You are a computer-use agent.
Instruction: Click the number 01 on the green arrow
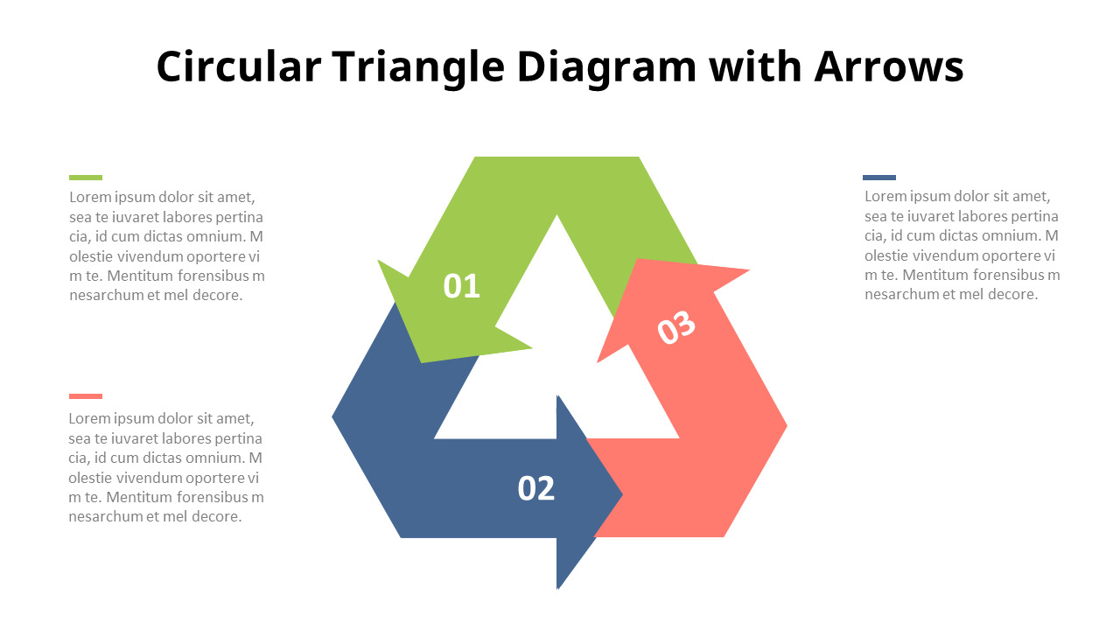pyautogui.click(x=461, y=286)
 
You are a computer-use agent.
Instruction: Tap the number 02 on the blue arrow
pyautogui.click(x=536, y=488)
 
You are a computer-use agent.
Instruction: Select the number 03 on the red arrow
pyautogui.click(x=676, y=327)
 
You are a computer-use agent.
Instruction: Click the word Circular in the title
pyautogui.click(x=239, y=66)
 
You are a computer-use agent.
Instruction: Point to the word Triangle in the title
pyautogui.click(x=418, y=68)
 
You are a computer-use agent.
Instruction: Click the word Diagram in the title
pyautogui.click(x=606, y=68)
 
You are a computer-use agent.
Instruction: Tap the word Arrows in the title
pyautogui.click(x=888, y=66)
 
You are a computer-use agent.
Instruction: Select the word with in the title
pyautogui.click(x=755, y=66)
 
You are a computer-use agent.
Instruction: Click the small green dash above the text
pyautogui.click(x=86, y=178)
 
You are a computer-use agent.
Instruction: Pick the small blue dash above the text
pyautogui.click(x=879, y=178)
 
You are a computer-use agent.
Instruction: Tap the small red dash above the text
pyautogui.click(x=86, y=396)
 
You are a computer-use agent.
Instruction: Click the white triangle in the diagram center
pyautogui.click(x=556, y=350)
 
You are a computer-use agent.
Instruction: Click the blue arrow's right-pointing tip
pyautogui.click(x=622, y=495)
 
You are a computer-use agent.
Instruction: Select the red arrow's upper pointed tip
pyautogui.click(x=749, y=270)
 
